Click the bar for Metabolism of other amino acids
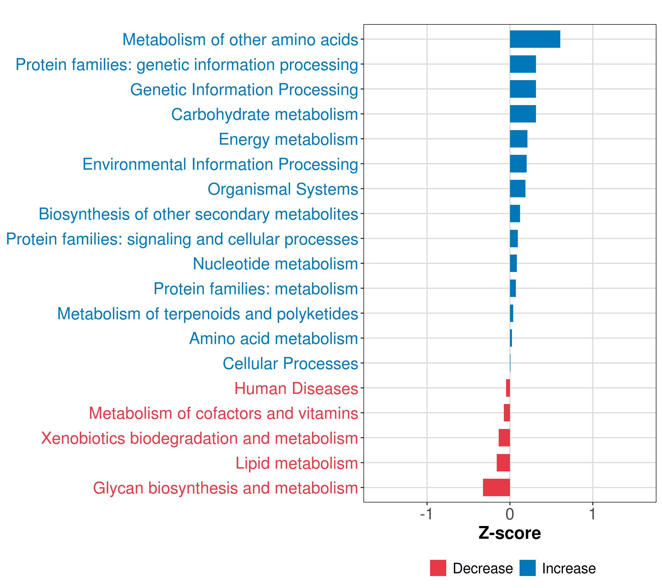point(535,39)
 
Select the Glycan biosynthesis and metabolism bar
point(496,487)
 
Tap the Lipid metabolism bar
point(503,463)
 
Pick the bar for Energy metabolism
point(519,139)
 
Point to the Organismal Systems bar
point(518,189)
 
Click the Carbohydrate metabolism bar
point(523,114)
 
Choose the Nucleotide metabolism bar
point(513,263)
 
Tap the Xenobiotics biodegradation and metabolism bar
point(504,438)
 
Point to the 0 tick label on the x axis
point(510,514)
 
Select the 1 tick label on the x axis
point(592,514)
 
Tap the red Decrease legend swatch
point(438,568)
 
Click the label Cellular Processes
point(290,363)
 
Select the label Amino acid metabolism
point(273,339)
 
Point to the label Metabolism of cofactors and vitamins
point(223,413)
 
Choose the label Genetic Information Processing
point(244,90)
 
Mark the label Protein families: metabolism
point(255,289)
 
